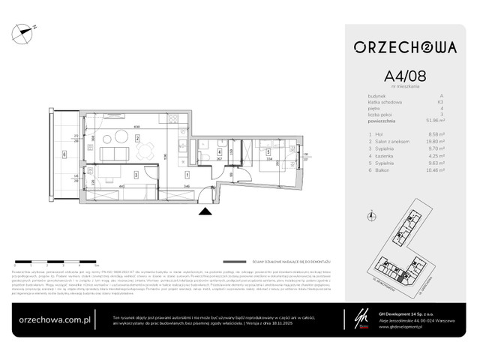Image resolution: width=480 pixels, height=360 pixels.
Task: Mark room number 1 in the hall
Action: (x=187, y=175)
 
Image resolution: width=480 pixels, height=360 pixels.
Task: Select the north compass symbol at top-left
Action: (x=27, y=31)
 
